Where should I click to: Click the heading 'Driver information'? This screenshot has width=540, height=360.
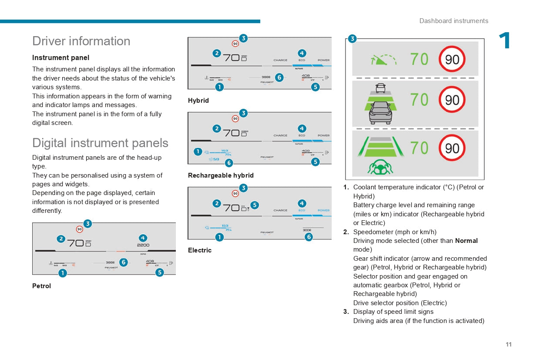[81, 41]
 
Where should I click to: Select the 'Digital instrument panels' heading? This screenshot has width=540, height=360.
[100, 143]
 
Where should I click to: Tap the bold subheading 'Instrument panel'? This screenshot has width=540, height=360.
[60, 57]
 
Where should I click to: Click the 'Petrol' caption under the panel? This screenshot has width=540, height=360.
[41, 286]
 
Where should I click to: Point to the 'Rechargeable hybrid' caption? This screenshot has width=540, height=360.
[221, 175]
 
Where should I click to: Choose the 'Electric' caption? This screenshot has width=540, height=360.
[199, 250]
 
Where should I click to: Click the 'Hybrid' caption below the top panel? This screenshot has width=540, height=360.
[198, 101]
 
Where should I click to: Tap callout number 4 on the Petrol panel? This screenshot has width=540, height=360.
[143, 238]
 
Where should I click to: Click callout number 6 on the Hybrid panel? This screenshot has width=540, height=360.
[279, 77]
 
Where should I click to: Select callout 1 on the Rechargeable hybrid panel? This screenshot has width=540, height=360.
[198, 151]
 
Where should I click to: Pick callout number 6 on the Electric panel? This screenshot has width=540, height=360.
[309, 237]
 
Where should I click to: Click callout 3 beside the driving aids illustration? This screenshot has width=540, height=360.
[352, 39]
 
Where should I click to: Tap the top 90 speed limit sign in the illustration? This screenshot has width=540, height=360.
[452, 59]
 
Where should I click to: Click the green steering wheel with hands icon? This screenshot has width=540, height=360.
[380, 167]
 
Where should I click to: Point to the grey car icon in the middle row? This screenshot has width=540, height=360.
[380, 113]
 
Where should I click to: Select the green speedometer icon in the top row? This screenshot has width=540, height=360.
[383, 60]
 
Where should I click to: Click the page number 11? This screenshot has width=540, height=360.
[509, 344]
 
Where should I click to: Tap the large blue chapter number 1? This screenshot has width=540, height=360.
[505, 41]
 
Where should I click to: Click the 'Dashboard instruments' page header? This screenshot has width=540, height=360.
[453, 21]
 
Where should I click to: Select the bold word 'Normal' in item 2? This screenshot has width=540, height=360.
[466, 241]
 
